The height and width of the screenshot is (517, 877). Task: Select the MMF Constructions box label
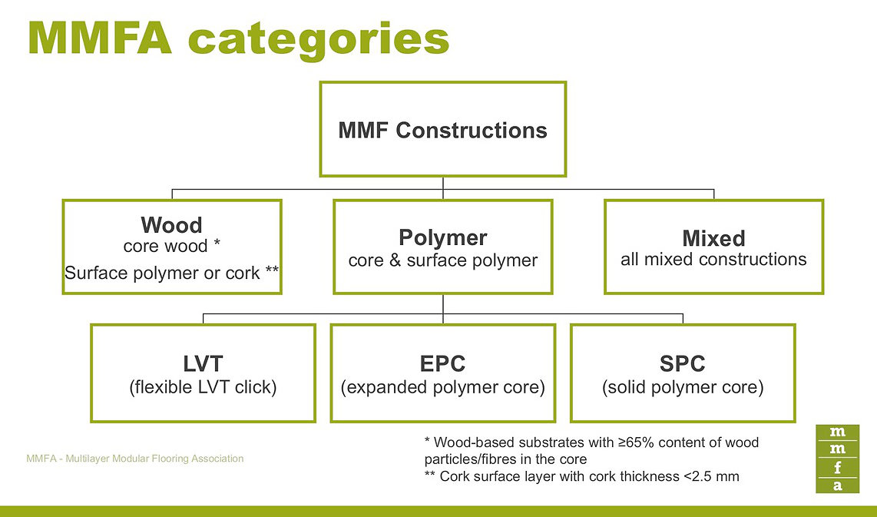click(442, 131)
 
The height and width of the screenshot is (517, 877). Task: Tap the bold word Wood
click(171, 225)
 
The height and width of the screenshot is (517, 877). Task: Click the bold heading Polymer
click(442, 237)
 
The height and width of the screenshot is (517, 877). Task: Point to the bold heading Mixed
click(713, 237)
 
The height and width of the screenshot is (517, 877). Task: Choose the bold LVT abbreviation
click(203, 363)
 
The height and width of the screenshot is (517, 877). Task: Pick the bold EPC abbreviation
click(442, 363)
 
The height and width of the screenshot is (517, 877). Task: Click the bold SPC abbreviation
click(682, 363)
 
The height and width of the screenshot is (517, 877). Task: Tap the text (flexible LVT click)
click(203, 387)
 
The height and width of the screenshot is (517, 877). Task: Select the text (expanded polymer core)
click(442, 387)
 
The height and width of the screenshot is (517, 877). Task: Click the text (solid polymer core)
click(682, 387)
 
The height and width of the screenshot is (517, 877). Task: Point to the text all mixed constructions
click(713, 260)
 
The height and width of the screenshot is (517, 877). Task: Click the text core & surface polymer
click(442, 260)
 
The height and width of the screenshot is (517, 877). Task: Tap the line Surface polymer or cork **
click(171, 273)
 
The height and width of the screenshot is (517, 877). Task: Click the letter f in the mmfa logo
click(837, 467)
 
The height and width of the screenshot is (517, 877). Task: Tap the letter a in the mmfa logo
click(837, 485)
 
